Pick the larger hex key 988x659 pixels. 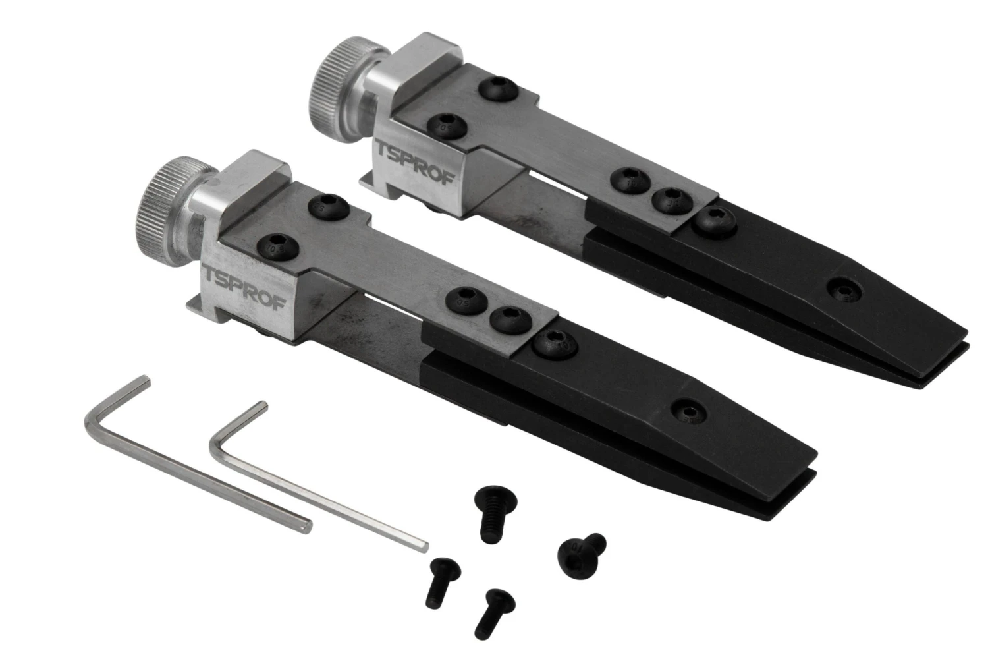tap(191, 455)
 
